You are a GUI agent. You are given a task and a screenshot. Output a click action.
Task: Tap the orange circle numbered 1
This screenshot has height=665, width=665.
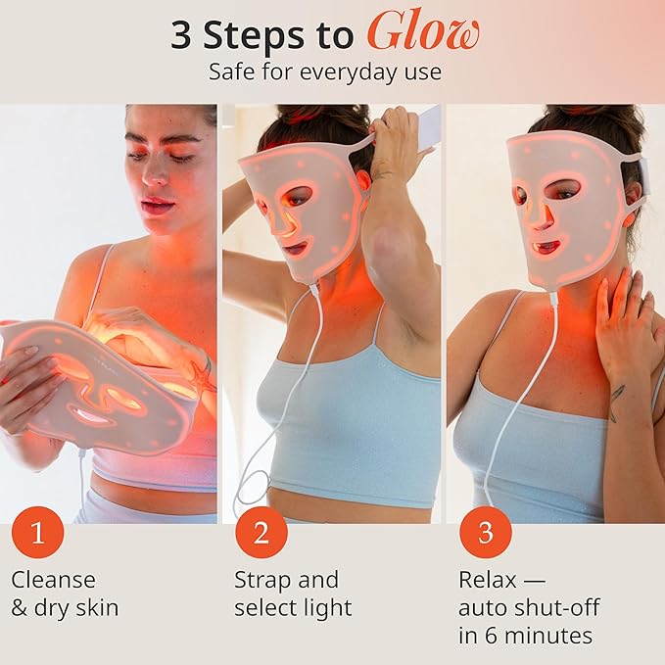pyautogui.click(x=37, y=533)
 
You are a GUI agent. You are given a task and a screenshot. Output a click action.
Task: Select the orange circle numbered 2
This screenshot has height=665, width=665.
pyautogui.click(x=261, y=533)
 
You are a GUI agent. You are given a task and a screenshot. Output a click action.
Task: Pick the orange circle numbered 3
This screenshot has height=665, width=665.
pyautogui.click(x=486, y=533)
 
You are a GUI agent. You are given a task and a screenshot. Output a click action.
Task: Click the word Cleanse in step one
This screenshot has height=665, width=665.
pyautogui.click(x=53, y=580)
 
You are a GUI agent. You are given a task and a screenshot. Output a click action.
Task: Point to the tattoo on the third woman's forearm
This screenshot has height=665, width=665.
pyautogui.click(x=618, y=402)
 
